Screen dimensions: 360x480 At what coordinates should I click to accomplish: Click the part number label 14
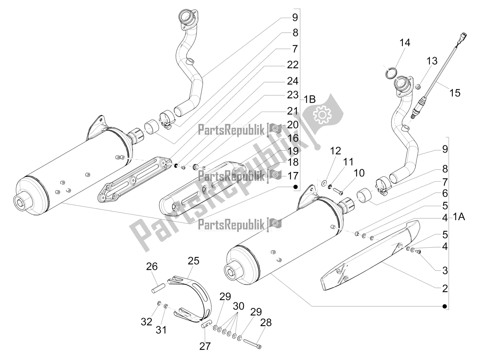(404, 43)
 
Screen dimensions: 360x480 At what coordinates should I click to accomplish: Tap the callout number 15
(455, 93)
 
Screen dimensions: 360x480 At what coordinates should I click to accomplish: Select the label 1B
(309, 99)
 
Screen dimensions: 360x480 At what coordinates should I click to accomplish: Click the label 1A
(459, 216)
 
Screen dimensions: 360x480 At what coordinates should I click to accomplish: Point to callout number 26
(152, 266)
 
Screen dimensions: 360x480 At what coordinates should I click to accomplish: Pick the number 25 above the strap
(193, 261)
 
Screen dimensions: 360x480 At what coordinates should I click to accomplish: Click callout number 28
(266, 322)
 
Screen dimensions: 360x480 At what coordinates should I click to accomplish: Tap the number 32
(146, 322)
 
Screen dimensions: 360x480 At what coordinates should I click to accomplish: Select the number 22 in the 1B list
(292, 64)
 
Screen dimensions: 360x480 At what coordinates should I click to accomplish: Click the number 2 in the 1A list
(445, 289)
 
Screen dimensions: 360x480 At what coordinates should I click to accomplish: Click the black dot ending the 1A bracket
(445, 306)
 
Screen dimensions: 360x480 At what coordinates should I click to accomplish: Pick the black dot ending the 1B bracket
(295, 187)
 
